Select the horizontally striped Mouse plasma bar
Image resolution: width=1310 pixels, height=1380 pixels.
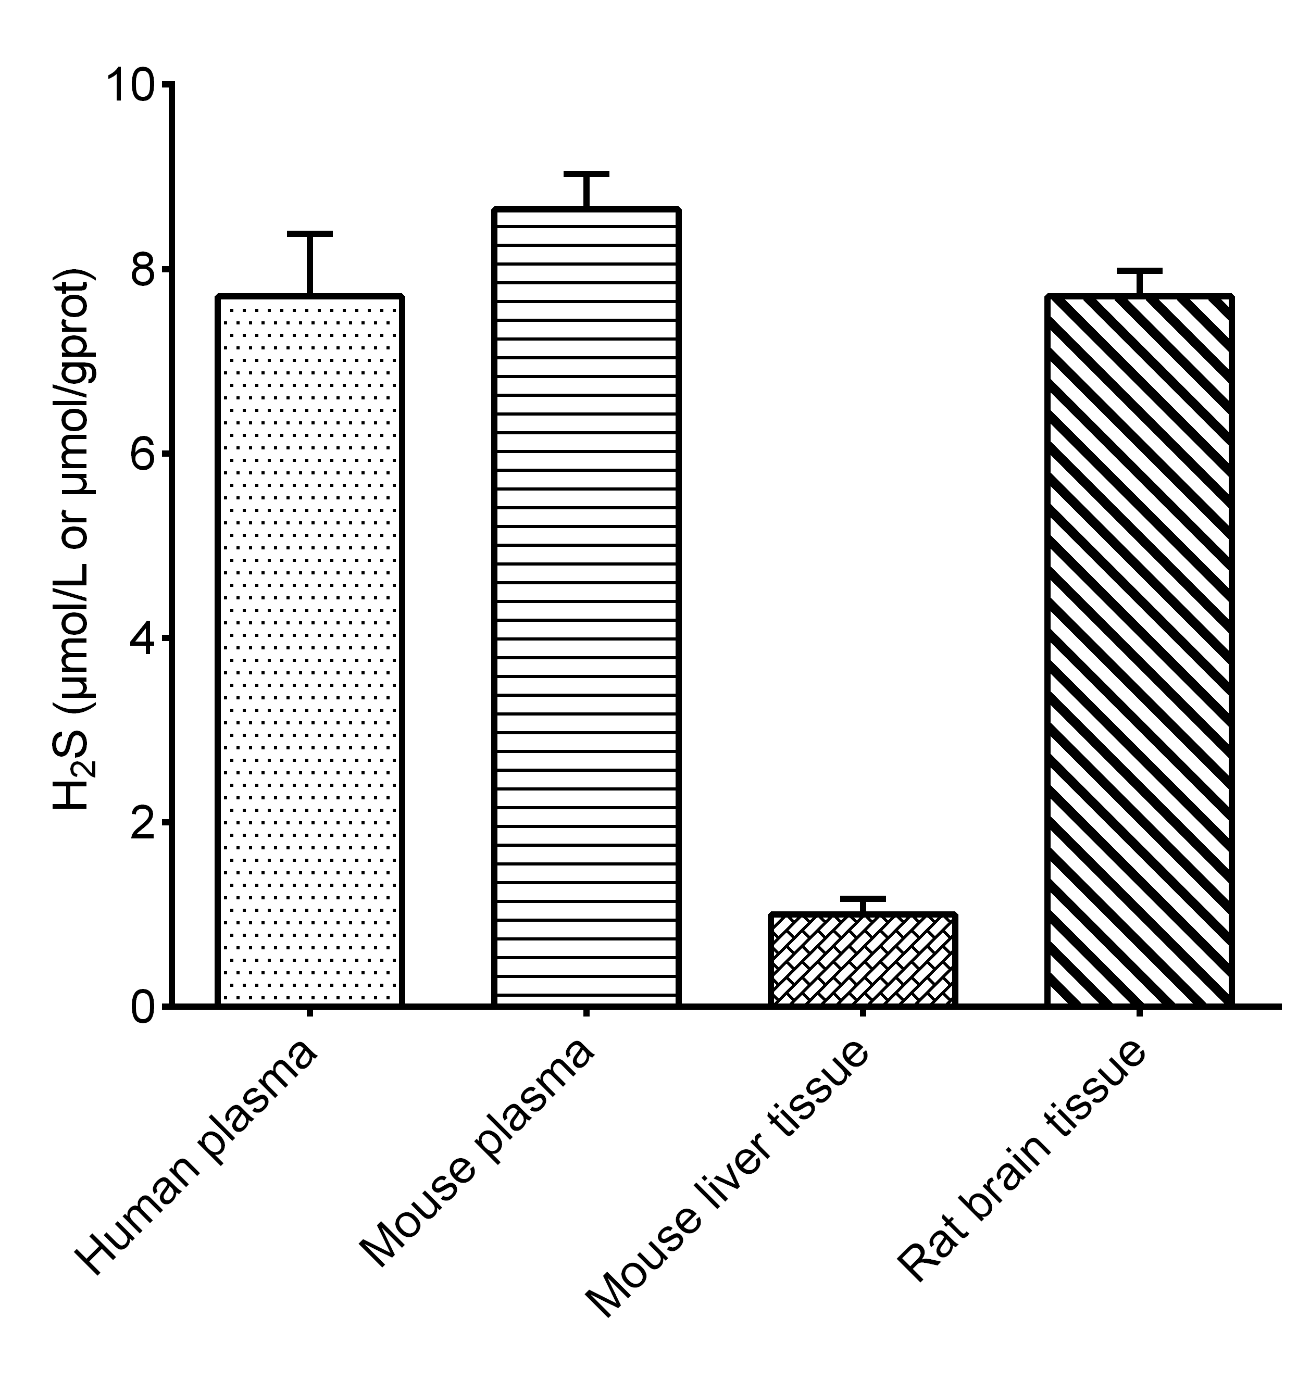point(587,607)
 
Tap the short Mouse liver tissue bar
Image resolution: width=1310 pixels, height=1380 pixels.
point(863,959)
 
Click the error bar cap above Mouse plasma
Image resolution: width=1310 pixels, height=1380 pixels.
point(587,173)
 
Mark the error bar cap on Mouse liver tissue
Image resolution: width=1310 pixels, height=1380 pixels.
point(863,898)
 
